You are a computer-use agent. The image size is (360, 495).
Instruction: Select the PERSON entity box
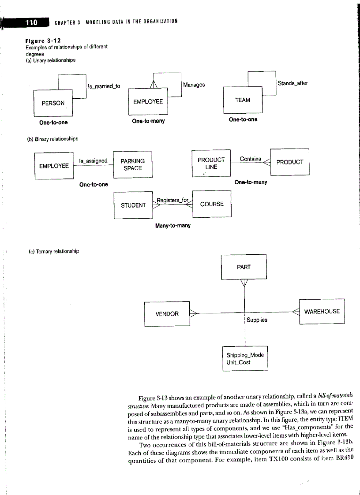pos(53,103)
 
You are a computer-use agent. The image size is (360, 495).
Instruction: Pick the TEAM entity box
pos(243,100)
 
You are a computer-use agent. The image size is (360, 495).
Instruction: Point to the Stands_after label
pos(292,82)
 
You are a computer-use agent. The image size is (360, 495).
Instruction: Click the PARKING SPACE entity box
pos(133,164)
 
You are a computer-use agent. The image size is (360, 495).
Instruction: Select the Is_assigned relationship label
pos(93,160)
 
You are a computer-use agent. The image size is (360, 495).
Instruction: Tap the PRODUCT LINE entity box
pos(211,163)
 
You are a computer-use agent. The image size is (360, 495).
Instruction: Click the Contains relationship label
pos(250,159)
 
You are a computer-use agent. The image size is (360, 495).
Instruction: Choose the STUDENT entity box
pos(133,205)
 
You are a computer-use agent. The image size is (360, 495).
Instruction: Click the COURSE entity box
pos(212,204)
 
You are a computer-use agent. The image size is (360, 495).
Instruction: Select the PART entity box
pos(244,267)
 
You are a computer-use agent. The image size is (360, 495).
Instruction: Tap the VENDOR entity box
pos(167,314)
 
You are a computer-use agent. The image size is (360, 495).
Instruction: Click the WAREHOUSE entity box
pos(322,311)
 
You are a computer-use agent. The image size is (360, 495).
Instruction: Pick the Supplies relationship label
pos(257,320)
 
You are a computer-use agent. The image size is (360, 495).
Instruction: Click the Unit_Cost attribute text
pos(238,362)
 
